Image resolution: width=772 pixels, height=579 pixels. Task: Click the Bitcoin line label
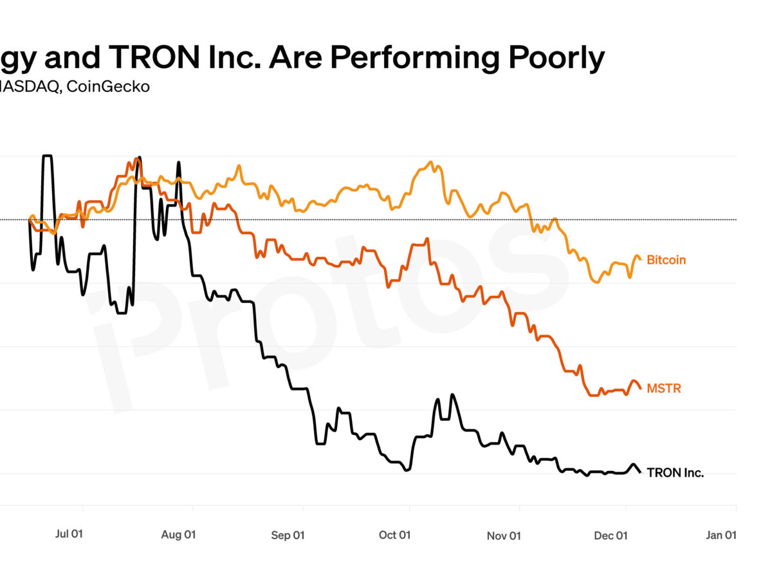click(x=666, y=260)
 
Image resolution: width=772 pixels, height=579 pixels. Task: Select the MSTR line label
click(x=663, y=389)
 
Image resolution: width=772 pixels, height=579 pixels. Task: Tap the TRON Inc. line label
click(x=675, y=473)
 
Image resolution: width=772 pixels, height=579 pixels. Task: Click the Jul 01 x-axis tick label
click(x=69, y=535)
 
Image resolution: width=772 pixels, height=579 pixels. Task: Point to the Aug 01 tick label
click(x=179, y=535)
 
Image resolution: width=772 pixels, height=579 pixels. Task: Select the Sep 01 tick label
click(x=288, y=535)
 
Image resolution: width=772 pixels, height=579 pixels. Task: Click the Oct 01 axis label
click(x=395, y=535)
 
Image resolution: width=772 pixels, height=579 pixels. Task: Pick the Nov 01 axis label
click(x=504, y=535)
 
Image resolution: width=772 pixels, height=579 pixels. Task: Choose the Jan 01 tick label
click(x=721, y=535)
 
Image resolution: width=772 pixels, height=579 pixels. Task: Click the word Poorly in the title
click(x=557, y=59)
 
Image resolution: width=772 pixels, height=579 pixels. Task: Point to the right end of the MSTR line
click(x=641, y=388)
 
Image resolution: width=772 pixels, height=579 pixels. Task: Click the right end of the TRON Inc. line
click(x=641, y=473)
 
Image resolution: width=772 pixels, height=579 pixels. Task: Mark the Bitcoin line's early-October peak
click(x=430, y=162)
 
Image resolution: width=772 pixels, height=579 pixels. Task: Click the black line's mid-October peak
click(x=452, y=394)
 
